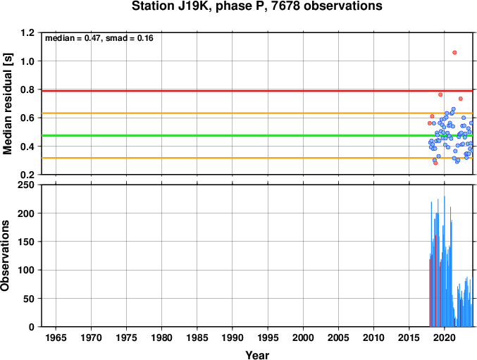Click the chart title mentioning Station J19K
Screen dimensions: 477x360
coord(257,6)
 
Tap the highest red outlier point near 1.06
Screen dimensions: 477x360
coord(454,53)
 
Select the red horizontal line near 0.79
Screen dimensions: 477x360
coord(257,91)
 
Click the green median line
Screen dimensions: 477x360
coord(257,135)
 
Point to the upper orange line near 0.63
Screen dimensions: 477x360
coord(257,113)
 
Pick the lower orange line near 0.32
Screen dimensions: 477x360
coord(257,158)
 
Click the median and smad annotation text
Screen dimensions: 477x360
coord(99,38)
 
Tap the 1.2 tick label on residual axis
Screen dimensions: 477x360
coord(27,32)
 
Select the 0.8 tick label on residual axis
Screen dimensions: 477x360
coord(27,89)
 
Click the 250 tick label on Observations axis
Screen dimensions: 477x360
coord(26,185)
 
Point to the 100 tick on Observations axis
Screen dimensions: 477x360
coord(26,270)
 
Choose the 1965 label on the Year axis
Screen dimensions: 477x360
coord(56,337)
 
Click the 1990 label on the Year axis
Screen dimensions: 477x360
coord(233,337)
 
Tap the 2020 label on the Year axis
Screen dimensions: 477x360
coord(445,337)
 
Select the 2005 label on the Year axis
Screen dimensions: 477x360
coord(338,337)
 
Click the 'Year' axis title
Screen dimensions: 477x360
coord(257,355)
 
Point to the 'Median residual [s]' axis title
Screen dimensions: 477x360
coord(8,104)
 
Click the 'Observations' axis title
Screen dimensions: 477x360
coord(5,256)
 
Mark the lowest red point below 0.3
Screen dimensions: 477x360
coord(435,163)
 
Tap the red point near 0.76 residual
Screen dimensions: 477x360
coord(440,94)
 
